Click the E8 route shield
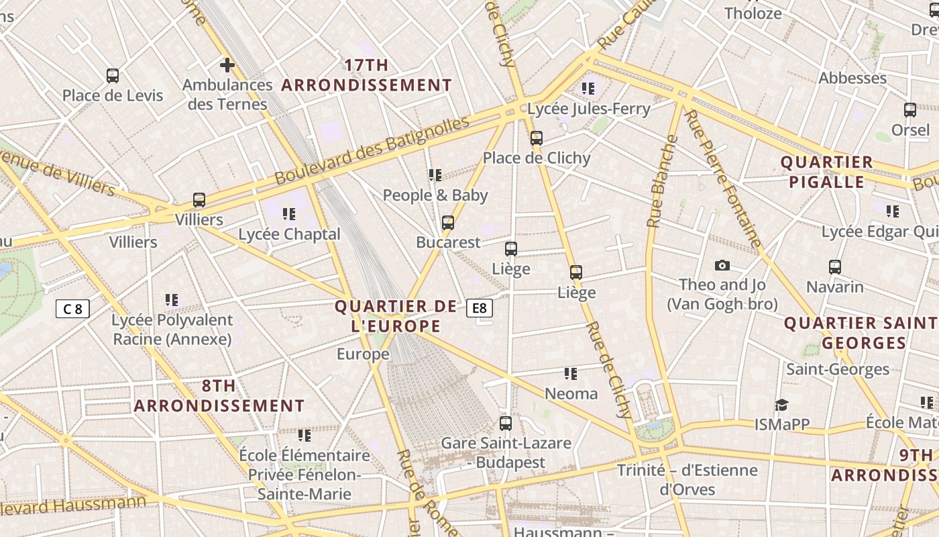click(x=480, y=308)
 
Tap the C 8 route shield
click(x=72, y=309)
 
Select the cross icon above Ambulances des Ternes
click(x=227, y=65)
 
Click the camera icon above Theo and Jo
click(x=722, y=265)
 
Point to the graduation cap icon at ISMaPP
click(x=781, y=405)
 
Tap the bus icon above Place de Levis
click(x=113, y=76)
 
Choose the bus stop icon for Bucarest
click(x=448, y=223)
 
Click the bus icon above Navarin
click(x=835, y=267)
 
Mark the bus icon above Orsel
click(x=910, y=110)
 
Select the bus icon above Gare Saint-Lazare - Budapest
click(x=506, y=424)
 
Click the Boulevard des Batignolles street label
click(x=372, y=151)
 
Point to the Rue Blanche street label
click(x=662, y=181)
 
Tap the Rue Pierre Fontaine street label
click(x=722, y=178)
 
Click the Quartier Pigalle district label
click(x=827, y=172)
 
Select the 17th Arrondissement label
click(x=366, y=75)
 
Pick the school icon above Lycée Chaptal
click(x=289, y=214)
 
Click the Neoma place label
click(x=571, y=393)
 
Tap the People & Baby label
click(x=435, y=195)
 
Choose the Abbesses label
click(x=852, y=78)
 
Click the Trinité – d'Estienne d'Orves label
click(x=687, y=479)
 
